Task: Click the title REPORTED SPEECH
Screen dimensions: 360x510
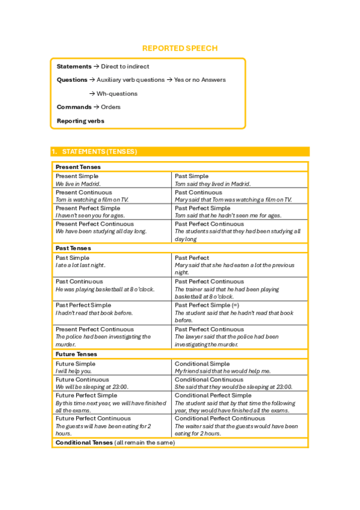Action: coord(180,48)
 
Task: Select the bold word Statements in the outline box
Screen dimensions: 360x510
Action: coord(74,66)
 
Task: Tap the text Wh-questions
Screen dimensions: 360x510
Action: coord(117,94)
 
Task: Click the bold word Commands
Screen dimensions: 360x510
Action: coord(74,107)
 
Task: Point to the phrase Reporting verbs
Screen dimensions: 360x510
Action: coord(80,121)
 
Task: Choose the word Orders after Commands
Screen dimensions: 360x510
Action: coord(111,107)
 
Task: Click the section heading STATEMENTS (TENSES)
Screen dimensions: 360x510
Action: coord(99,152)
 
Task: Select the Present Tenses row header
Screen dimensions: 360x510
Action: coord(78,167)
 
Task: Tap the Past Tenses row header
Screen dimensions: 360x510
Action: coord(73,248)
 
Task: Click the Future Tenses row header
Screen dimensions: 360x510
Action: coord(76,354)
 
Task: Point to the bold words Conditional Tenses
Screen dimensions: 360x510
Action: coord(84,443)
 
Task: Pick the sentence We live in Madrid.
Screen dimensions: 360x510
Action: coord(78,184)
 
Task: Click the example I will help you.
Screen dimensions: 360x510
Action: coord(73,371)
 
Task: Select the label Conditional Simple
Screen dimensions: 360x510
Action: coord(202,364)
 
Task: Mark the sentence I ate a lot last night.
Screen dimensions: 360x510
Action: coord(81,265)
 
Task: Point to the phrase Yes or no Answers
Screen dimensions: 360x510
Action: coord(200,80)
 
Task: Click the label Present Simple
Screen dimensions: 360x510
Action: coord(77,176)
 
